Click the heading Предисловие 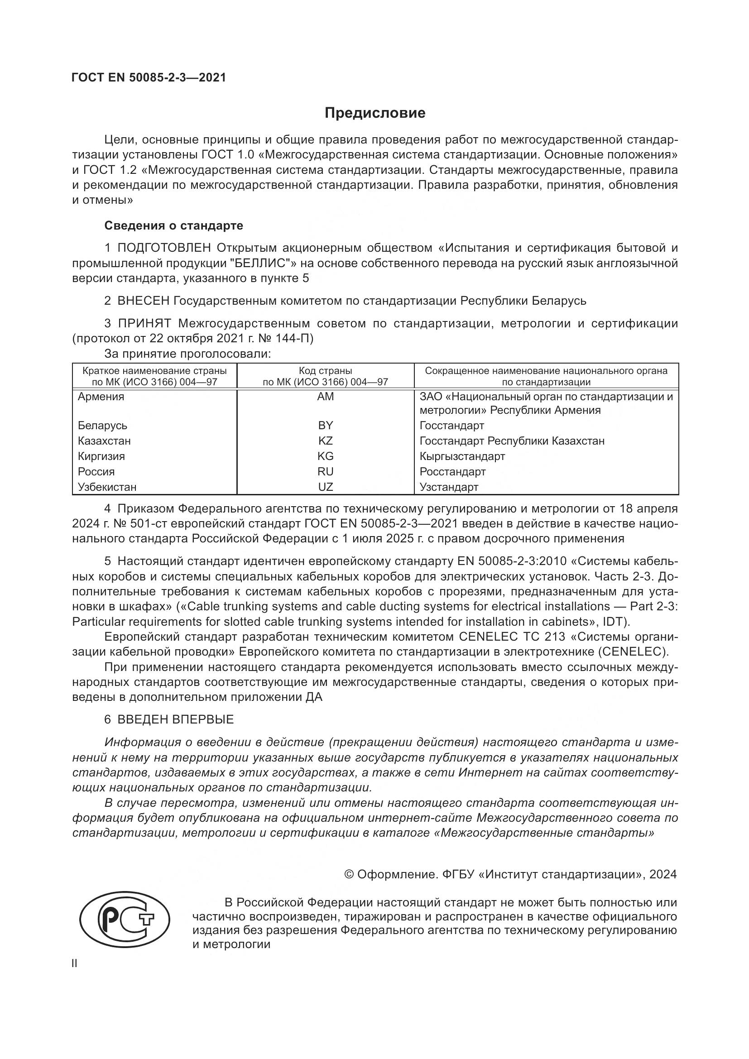tap(374, 113)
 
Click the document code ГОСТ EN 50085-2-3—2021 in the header tap(149, 77)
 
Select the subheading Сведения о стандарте tap(173, 225)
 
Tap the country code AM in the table tap(325, 397)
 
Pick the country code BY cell tap(325, 425)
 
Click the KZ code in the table tap(325, 441)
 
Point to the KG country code tap(325, 456)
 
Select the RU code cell tap(325, 471)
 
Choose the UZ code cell tap(325, 487)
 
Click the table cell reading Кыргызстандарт tap(462, 456)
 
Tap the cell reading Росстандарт tap(452, 471)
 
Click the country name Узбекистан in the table tap(107, 487)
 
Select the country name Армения tap(101, 397)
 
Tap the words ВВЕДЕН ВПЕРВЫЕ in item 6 tap(176, 719)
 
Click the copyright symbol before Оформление tap(349, 874)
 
